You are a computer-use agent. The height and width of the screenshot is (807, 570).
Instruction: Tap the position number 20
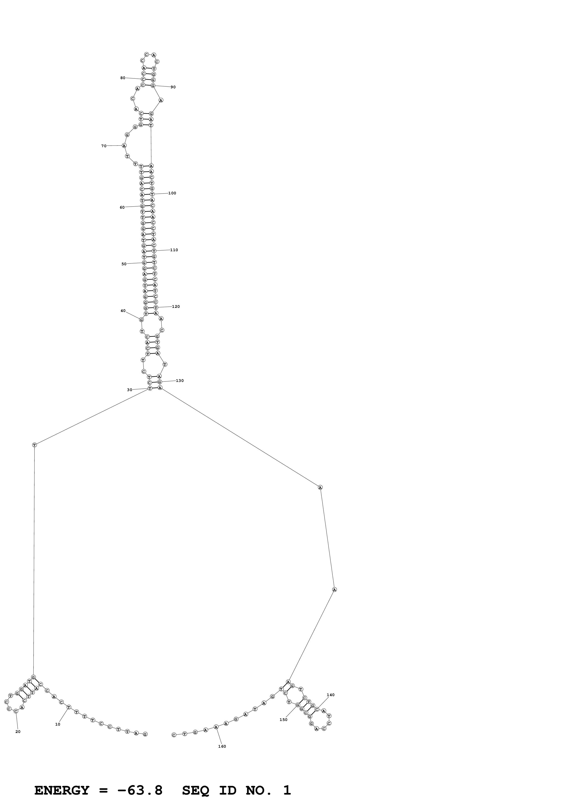18,732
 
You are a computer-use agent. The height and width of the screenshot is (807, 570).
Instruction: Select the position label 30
130,390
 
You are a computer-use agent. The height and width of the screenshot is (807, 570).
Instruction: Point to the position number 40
123,311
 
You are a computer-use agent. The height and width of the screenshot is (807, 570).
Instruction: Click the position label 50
124,264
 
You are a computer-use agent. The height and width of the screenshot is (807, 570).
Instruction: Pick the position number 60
122,207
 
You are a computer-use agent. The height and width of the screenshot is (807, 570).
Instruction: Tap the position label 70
104,146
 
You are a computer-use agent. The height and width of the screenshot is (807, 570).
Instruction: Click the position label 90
173,87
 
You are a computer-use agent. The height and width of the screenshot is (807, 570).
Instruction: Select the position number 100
172,193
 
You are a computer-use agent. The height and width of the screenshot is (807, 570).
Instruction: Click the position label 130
180,381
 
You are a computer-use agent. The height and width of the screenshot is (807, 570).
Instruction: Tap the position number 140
330,695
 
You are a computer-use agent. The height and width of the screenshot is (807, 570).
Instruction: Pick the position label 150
284,720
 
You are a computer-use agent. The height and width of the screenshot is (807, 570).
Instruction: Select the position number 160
222,746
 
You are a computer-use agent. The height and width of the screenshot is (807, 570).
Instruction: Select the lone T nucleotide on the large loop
34,445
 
